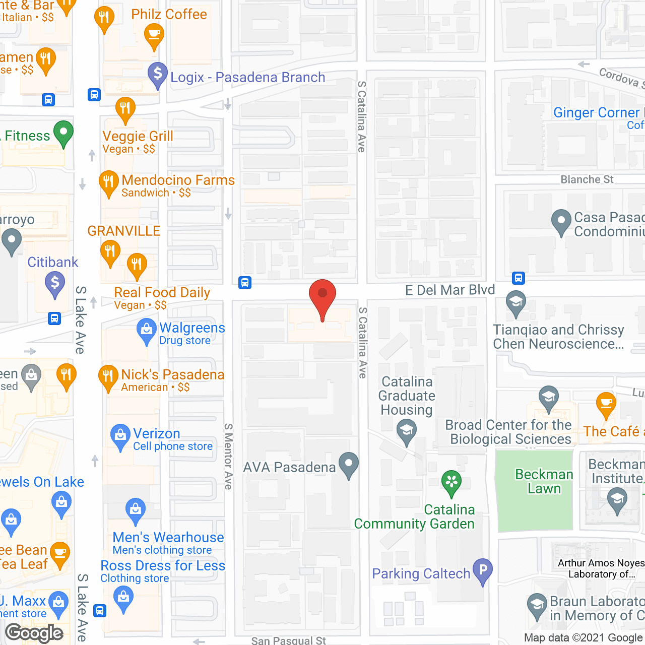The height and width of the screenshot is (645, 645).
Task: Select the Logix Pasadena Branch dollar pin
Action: pyautogui.click(x=158, y=75)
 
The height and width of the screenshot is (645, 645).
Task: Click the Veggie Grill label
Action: pyautogui.click(x=138, y=136)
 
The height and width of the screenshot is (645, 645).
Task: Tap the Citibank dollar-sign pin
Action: pyautogui.click(x=55, y=283)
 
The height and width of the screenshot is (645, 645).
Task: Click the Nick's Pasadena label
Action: pyautogui.click(x=172, y=374)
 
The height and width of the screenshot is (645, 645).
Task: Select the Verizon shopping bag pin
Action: pyautogui.click(x=120, y=436)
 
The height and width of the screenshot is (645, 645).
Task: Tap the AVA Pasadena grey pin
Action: pyautogui.click(x=349, y=465)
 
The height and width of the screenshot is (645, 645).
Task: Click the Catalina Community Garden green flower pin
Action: pyautogui.click(x=451, y=482)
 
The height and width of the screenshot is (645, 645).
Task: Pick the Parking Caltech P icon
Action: pyautogui.click(x=483, y=571)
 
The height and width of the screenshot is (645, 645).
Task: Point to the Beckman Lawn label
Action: pyautogui.click(x=544, y=481)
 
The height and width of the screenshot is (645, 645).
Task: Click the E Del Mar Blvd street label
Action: pyautogui.click(x=450, y=290)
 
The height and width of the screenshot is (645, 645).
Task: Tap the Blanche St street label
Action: pyautogui.click(x=587, y=179)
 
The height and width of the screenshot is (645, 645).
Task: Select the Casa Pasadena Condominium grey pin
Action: pyautogui.click(x=561, y=222)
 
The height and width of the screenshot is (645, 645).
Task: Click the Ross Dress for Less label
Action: pyautogui.click(x=163, y=565)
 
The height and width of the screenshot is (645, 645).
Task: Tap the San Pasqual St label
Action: pyautogui.click(x=288, y=640)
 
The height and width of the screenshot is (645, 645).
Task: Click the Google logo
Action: pyautogui.click(x=34, y=633)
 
